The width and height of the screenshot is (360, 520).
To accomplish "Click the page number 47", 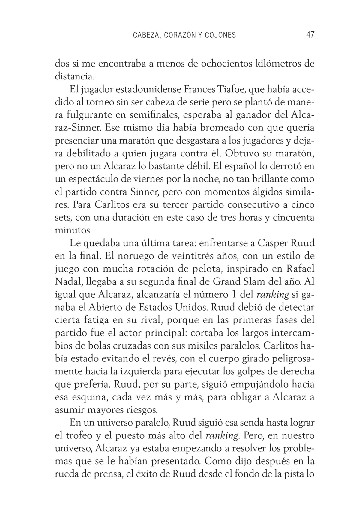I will click(x=310, y=35).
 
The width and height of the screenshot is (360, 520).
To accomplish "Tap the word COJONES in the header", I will click(x=220, y=35).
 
